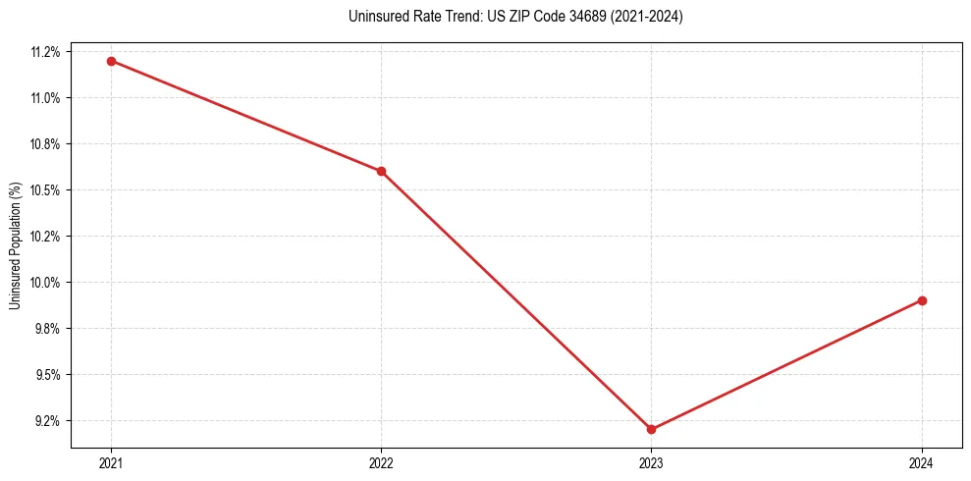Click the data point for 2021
[x=111, y=61]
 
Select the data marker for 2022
[x=381, y=171]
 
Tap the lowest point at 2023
[x=651, y=429]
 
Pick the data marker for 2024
[x=922, y=300]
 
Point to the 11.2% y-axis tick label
[x=46, y=52]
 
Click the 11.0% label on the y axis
[x=46, y=98]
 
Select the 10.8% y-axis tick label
[x=46, y=144]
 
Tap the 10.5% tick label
[x=46, y=190]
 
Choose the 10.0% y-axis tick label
[x=46, y=283]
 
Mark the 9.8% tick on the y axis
[x=49, y=329]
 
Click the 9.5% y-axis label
[x=49, y=375]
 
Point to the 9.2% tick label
[x=49, y=421]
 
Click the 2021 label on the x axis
[x=111, y=462]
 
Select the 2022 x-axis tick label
[x=381, y=462]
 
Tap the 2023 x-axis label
[x=651, y=462]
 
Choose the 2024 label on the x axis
[x=922, y=462]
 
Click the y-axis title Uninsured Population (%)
[x=15, y=245]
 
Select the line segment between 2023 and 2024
[x=786, y=364]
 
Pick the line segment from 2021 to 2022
[x=245, y=116]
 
